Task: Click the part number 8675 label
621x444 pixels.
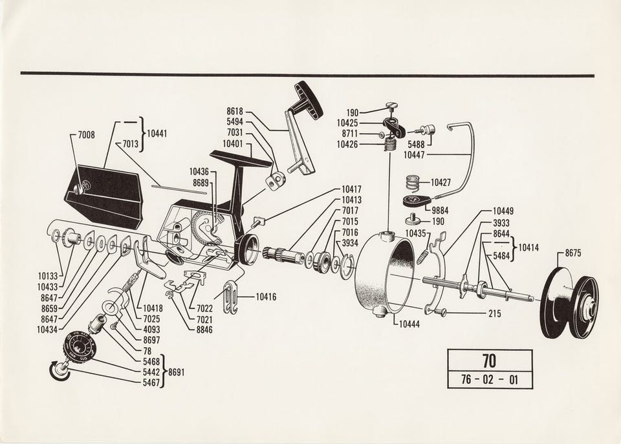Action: pos(573,253)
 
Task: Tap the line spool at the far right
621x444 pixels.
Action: pos(569,303)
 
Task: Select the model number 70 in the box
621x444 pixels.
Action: pos(490,361)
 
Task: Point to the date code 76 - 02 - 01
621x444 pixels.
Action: pos(490,380)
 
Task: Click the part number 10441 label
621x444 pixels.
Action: pos(157,134)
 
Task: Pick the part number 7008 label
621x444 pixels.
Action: pos(86,135)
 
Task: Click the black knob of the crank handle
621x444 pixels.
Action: pos(309,101)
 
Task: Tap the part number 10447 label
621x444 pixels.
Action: pos(414,155)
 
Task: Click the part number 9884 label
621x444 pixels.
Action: pos(440,211)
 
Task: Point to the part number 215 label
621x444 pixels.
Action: pos(494,314)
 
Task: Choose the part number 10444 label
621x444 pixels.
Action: pos(409,324)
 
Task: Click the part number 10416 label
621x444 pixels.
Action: pos(266,297)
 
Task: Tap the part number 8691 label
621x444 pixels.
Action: pos(176,372)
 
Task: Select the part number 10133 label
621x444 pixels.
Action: pos(48,276)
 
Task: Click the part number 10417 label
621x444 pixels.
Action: pos(351,189)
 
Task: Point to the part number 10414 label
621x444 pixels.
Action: pos(528,248)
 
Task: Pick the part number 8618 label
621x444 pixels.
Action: pos(235,111)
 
